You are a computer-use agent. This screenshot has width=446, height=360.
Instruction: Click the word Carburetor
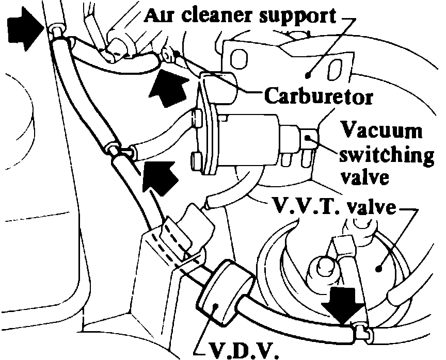pos(318,96)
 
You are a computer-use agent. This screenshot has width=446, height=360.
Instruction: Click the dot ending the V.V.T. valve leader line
pos(378,268)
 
